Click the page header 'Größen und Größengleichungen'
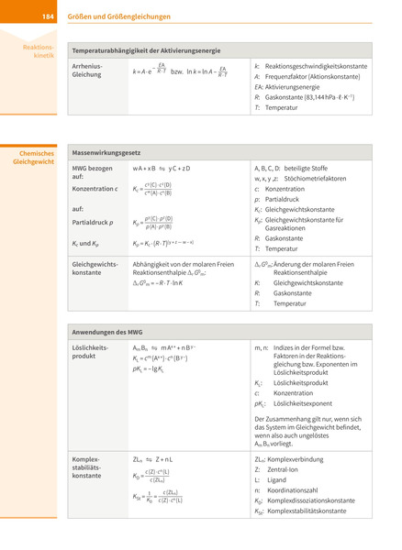coord(118,16)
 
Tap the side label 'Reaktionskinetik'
coord(41,50)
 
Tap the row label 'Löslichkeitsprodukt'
coord(91,353)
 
